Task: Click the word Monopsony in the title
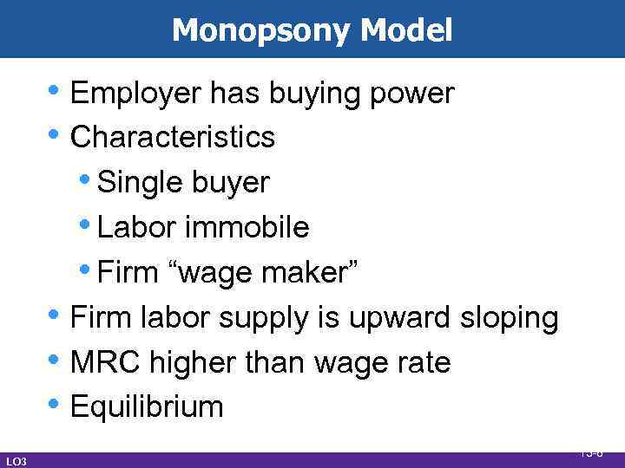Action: pyautogui.click(x=261, y=31)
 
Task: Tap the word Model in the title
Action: pyautogui.click(x=406, y=31)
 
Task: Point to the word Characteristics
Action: pyautogui.click(x=173, y=137)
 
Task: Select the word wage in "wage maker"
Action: pyautogui.click(x=209, y=274)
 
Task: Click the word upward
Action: pyautogui.click(x=401, y=318)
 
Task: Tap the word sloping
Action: pyautogui.click(x=510, y=318)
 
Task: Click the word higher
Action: pyautogui.click(x=190, y=363)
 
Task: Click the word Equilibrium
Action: pyautogui.click(x=147, y=407)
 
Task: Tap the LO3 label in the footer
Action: pyautogui.click(x=16, y=461)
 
